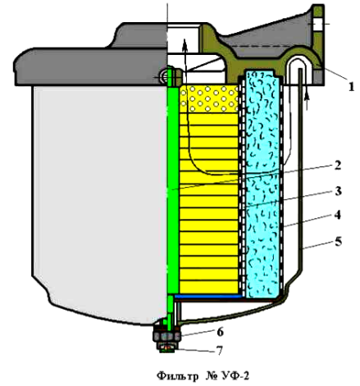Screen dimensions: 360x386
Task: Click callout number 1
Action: (351, 86)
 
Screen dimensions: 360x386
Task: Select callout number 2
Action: (338, 166)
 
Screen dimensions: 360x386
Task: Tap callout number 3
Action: (338, 191)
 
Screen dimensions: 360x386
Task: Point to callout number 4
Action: (338, 215)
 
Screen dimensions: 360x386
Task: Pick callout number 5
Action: (338, 242)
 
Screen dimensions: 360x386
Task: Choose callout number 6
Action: (220, 332)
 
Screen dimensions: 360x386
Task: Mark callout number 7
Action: (220, 350)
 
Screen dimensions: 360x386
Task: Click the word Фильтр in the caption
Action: (178, 376)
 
